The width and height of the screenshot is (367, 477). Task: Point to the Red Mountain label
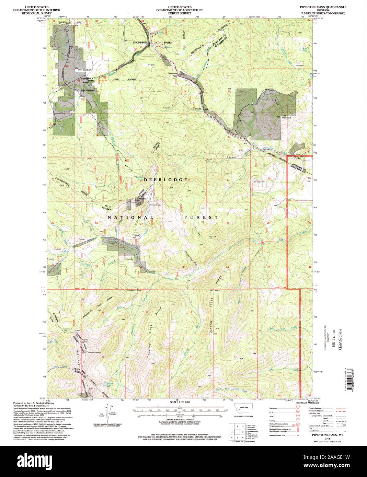[x=94, y=352]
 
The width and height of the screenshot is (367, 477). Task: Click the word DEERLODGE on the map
[x=165, y=179]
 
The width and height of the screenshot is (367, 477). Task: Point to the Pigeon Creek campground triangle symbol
[x=263, y=242]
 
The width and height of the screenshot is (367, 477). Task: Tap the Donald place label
[x=197, y=109]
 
